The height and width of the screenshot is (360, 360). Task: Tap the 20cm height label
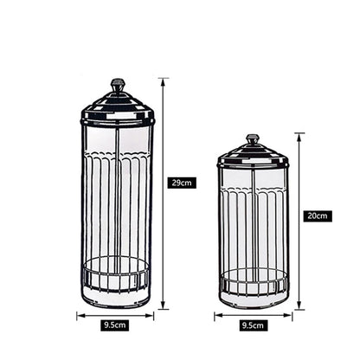[316, 215]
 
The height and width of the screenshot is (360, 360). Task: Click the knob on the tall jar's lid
[118, 85]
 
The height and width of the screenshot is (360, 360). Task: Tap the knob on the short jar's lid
[252, 138]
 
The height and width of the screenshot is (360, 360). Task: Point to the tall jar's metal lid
[118, 108]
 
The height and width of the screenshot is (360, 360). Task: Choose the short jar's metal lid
[252, 157]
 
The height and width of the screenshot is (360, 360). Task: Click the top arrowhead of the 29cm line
[164, 80]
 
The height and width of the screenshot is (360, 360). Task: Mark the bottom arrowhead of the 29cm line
[164, 307]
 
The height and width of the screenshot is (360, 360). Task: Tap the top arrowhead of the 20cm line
[299, 134]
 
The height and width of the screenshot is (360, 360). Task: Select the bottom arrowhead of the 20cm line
[299, 307]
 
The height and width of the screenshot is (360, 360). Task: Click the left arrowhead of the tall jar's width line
[79, 315]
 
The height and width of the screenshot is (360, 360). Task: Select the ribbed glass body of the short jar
[252, 225]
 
